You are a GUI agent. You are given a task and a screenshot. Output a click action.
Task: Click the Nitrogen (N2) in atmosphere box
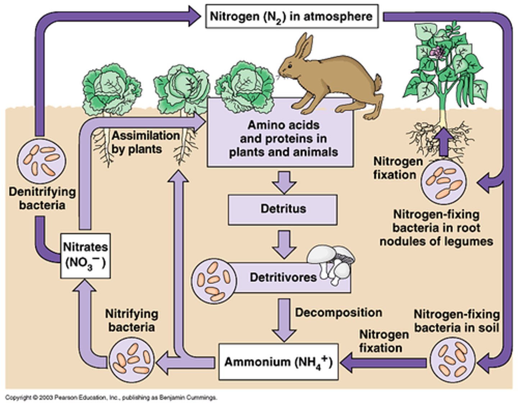pos(291,17)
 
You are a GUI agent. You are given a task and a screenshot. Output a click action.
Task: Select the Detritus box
pos(283,209)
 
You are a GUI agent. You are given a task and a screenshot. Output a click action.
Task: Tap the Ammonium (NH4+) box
pos(278,362)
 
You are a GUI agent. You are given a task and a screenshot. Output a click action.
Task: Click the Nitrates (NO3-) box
pos(85,256)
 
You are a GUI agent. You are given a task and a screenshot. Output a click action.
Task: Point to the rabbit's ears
pos(304,47)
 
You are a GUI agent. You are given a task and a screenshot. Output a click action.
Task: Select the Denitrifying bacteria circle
pos(42,160)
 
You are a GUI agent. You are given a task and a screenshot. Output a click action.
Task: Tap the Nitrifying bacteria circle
pos(132,358)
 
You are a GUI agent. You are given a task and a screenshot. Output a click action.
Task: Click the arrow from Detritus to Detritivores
pos(284,244)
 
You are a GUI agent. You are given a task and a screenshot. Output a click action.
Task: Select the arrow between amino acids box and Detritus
pos(284,181)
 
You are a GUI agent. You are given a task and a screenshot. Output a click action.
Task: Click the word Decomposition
pos(338,313)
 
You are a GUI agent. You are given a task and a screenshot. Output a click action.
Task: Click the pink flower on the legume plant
pos(436,53)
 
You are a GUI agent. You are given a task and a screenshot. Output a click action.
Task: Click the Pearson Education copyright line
pos(112,397)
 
